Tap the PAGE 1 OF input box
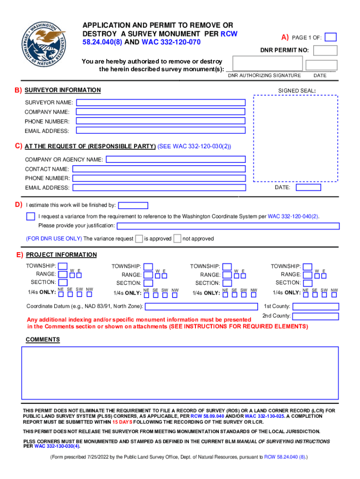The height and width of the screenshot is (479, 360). pyautogui.click(x=331, y=37)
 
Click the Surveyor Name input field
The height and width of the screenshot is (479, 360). pyautogui.click(x=161, y=102)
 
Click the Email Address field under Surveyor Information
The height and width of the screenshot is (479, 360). pyautogui.click(x=161, y=131)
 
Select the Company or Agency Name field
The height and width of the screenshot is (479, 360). pyautogui.click(x=176, y=160)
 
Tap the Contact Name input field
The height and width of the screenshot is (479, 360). pyautogui.click(x=159, y=169)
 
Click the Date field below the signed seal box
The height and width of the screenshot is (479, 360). pyautogui.click(x=309, y=188)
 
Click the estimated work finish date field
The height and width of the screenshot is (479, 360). pyautogui.click(x=133, y=205)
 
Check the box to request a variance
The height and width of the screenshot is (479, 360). pyautogui.click(x=30, y=216)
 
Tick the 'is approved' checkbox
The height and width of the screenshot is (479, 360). pyautogui.click(x=139, y=239)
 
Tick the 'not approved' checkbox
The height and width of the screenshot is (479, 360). pyautogui.click(x=177, y=239)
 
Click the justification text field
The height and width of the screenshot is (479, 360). pyautogui.click(x=228, y=226)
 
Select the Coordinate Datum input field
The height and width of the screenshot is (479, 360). pyautogui.click(x=201, y=307)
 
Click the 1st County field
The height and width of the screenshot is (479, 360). pyautogui.click(x=316, y=306)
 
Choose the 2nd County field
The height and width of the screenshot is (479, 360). pyautogui.click(x=316, y=316)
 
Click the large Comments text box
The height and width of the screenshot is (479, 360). pyautogui.click(x=180, y=372)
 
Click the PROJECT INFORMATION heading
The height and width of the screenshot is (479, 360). pyautogui.click(x=61, y=255)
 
